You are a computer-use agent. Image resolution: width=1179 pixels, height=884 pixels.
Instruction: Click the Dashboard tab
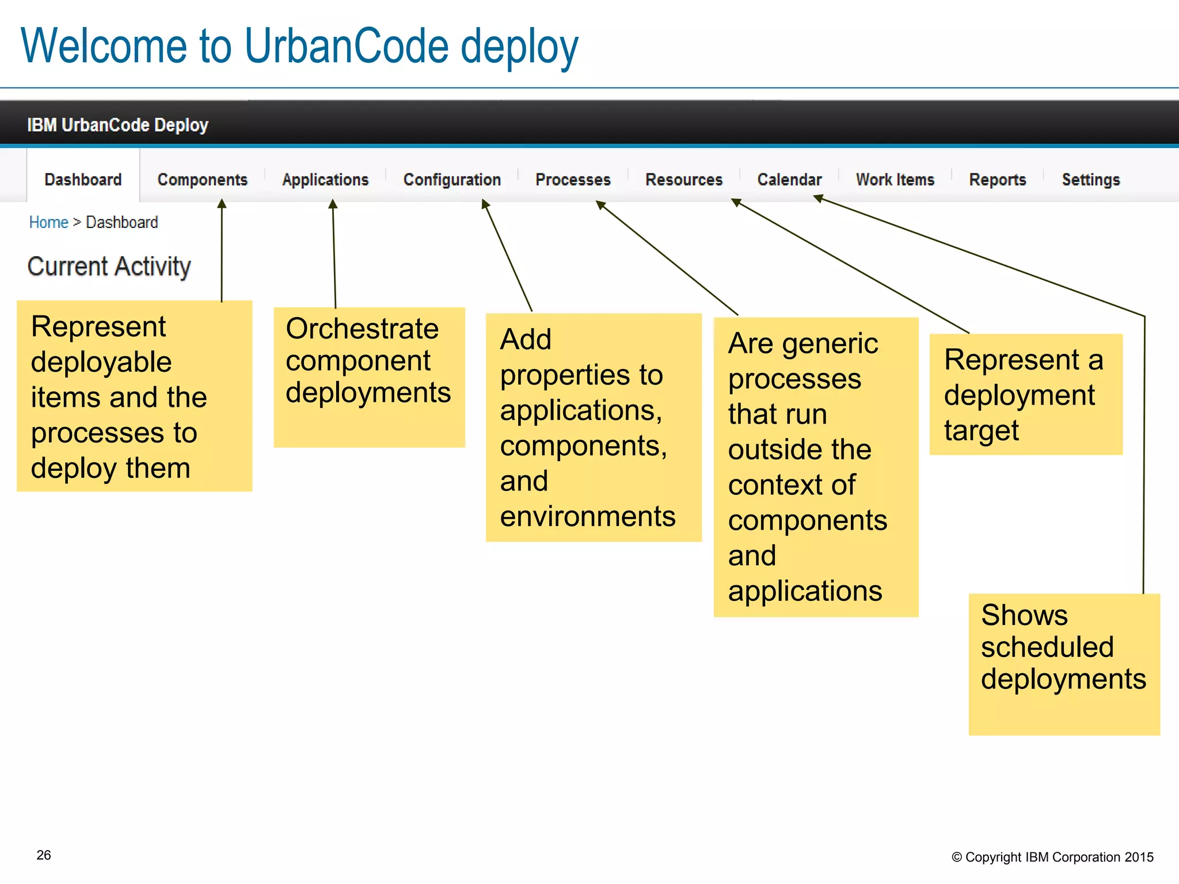[x=83, y=180]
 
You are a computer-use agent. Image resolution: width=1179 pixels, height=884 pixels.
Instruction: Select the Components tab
[x=202, y=180]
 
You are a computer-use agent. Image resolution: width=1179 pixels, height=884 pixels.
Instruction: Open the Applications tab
[x=325, y=180]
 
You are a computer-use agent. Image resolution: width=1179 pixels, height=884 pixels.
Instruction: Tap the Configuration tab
[x=452, y=180]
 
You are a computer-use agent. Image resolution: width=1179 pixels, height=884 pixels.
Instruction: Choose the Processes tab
[x=573, y=180]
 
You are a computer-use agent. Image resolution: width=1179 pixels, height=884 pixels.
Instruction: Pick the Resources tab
[x=684, y=180]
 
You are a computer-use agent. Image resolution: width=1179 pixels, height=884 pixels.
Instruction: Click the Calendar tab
[x=789, y=180]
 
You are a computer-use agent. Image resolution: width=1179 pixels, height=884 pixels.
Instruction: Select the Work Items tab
[x=895, y=180]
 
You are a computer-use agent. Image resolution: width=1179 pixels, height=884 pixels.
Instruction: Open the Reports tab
[x=998, y=180]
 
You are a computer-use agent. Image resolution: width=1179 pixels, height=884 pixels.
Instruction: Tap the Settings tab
[x=1091, y=180]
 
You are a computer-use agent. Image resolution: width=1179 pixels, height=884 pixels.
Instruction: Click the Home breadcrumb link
[x=48, y=222]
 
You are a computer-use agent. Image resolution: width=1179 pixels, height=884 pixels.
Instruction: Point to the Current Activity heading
[x=109, y=266]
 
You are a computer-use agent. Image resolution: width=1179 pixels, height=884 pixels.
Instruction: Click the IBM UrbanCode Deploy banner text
[x=117, y=125]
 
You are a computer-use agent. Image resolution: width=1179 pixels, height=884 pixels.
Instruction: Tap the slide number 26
[x=44, y=855]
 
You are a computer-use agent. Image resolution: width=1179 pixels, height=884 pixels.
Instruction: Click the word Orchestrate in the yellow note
[x=362, y=329]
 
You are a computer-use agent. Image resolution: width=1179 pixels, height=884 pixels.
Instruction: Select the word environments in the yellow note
[x=587, y=516]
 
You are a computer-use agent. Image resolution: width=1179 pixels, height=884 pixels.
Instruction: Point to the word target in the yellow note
[x=981, y=431]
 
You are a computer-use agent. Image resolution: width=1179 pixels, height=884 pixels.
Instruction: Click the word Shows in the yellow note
[x=1024, y=615]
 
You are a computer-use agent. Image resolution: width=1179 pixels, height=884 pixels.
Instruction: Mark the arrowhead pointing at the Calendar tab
[x=818, y=199]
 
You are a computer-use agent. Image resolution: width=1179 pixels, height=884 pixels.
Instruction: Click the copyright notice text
[x=1052, y=857]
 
